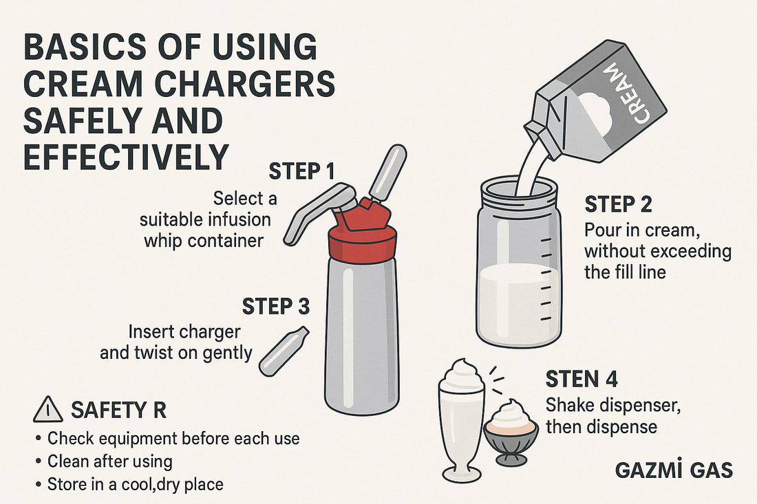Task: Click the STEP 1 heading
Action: [x=301, y=172]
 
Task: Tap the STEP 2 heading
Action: [x=619, y=204]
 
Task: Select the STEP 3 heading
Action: [x=276, y=306]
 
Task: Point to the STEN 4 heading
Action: [x=582, y=380]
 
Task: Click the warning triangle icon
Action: [x=48, y=410]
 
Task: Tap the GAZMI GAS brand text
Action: [x=674, y=470]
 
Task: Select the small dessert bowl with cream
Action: [x=511, y=432]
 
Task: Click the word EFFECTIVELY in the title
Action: [x=125, y=156]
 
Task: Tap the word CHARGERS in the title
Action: [x=244, y=83]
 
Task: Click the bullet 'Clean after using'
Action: [x=105, y=461]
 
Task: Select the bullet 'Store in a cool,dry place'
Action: [x=129, y=484]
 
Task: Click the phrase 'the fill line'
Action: [x=625, y=272]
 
